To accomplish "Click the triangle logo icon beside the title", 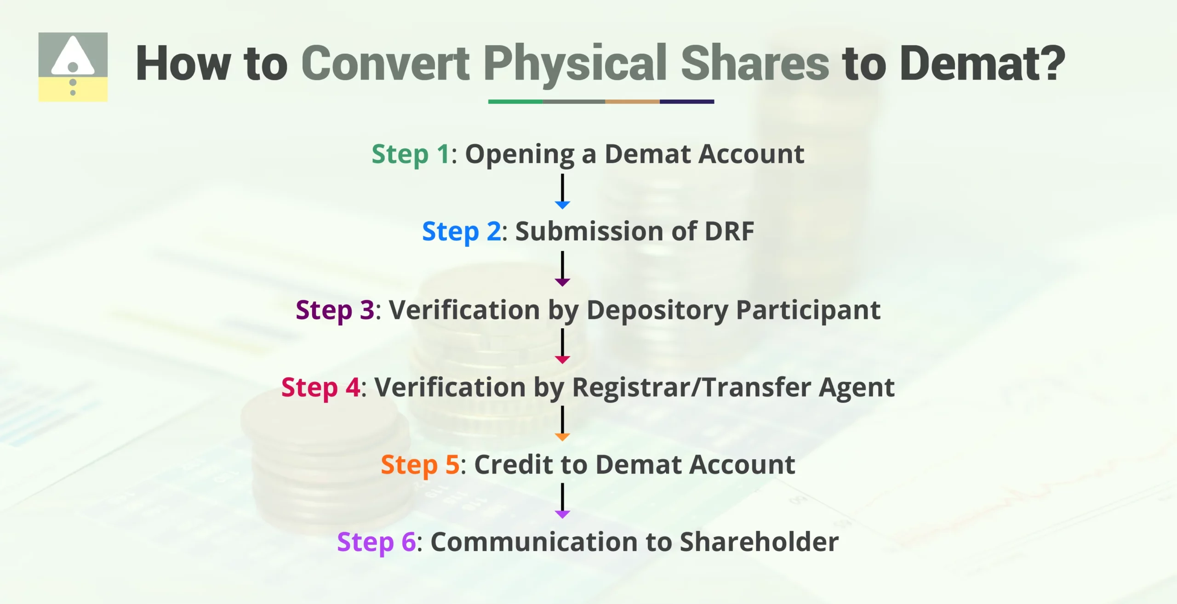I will point(73,67).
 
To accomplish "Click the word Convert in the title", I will point(385,63).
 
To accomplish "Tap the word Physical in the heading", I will point(575,63).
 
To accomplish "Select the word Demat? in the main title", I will point(982,63).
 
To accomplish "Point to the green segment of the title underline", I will point(515,102).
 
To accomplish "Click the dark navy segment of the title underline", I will point(687,102).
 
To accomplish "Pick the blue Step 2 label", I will point(462,231).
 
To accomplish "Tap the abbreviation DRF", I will point(729,231).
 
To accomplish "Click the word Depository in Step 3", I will point(657,310).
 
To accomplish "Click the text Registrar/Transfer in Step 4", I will point(691,387).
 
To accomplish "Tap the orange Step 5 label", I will point(420,465).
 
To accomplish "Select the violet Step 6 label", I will point(376,542).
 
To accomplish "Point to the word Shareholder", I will point(759,542).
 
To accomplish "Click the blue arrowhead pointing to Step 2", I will point(562,205).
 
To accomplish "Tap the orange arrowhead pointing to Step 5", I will point(562,437).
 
